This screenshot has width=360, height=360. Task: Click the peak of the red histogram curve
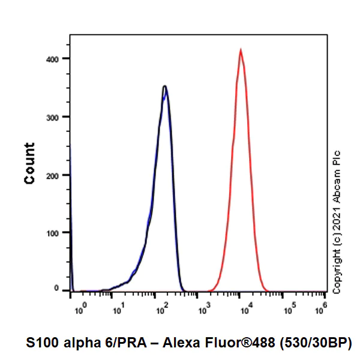tap(241, 50)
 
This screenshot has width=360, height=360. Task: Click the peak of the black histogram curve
tap(164, 86)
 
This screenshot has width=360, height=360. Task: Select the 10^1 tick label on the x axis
tap(120, 311)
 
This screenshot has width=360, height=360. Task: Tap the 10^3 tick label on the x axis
tap(204, 311)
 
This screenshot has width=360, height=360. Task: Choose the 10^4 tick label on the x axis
tap(246, 311)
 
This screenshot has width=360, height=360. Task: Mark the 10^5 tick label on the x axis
tap(289, 311)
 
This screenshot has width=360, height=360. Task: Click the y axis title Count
tap(29, 163)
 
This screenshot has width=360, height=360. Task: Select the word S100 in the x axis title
tap(43, 343)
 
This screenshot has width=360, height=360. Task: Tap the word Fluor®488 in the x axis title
tap(235, 343)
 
